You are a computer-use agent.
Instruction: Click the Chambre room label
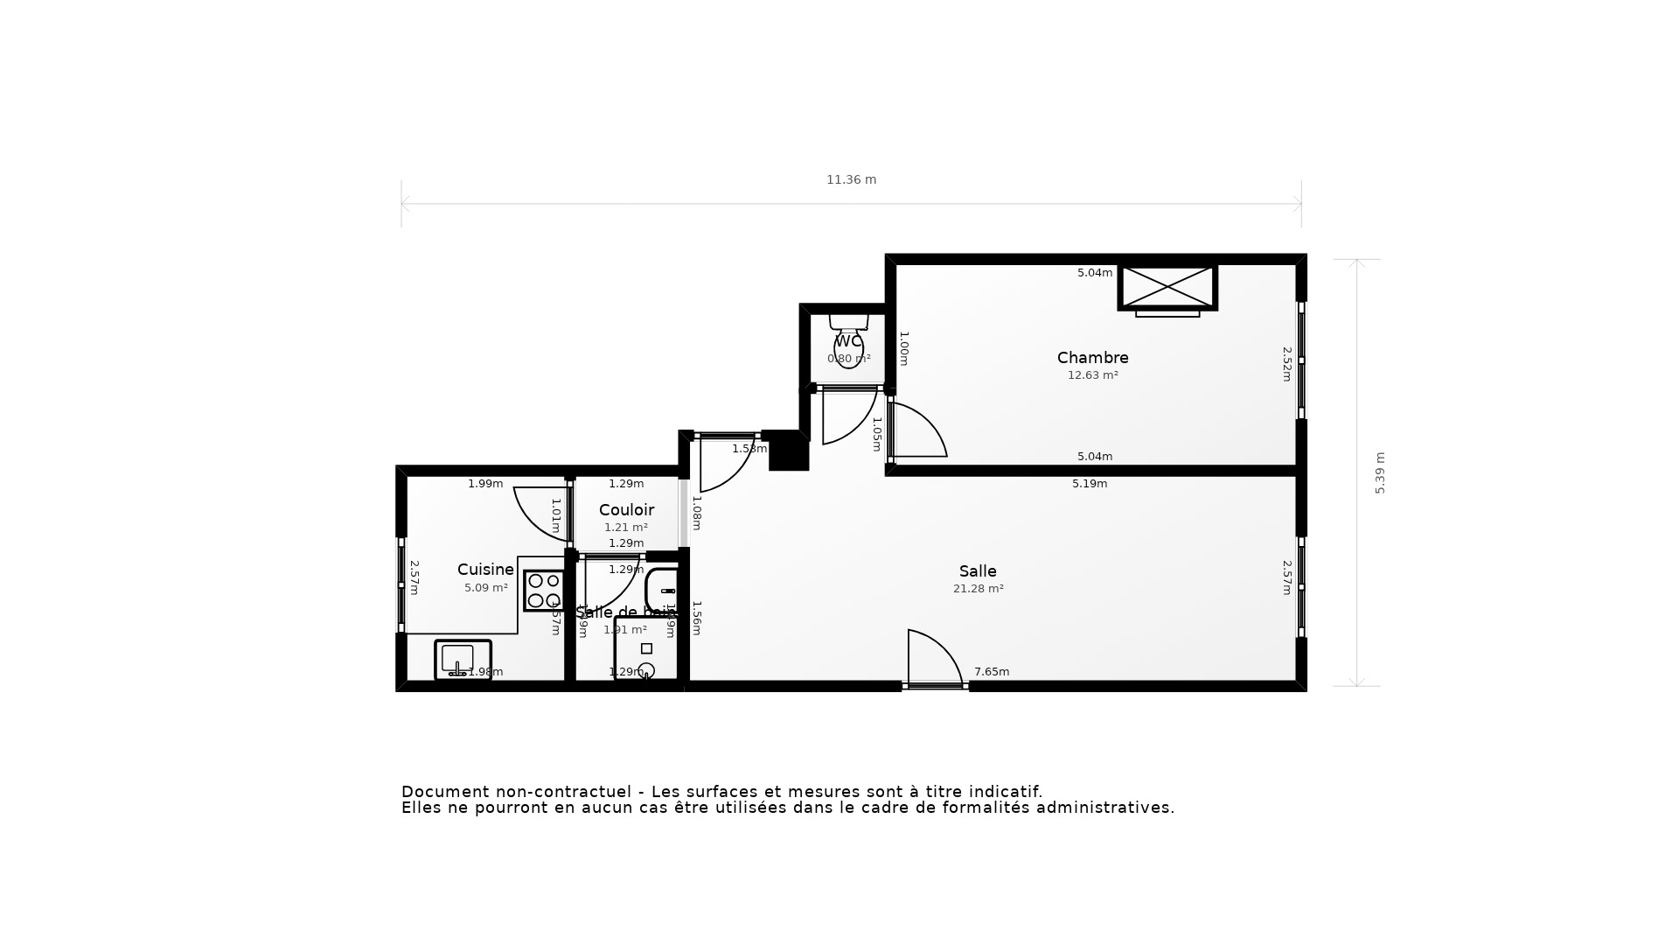pyautogui.click(x=1092, y=358)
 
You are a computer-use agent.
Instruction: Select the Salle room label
pyautogui.click(x=977, y=571)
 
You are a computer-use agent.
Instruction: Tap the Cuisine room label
pyautogui.click(x=485, y=570)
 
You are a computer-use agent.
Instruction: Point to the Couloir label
pyautogui.click(x=626, y=510)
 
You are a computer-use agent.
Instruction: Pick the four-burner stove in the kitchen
pyautogui.click(x=544, y=591)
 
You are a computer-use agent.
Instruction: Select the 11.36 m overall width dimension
pyautogui.click(x=851, y=179)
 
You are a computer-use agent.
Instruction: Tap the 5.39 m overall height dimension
pyautogui.click(x=1380, y=472)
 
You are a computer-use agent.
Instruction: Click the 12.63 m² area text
pyautogui.click(x=1092, y=375)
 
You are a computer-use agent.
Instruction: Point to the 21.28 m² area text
pyautogui.click(x=978, y=589)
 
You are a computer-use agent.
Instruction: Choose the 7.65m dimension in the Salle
pyautogui.click(x=992, y=672)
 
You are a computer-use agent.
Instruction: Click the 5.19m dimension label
pyautogui.click(x=1090, y=484)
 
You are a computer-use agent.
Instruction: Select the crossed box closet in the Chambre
pyautogui.click(x=1167, y=287)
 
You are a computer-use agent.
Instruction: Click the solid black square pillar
pyautogui.click(x=789, y=451)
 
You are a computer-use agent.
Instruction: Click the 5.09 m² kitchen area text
pyautogui.click(x=485, y=588)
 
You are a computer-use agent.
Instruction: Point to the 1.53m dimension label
pyautogui.click(x=749, y=449)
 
